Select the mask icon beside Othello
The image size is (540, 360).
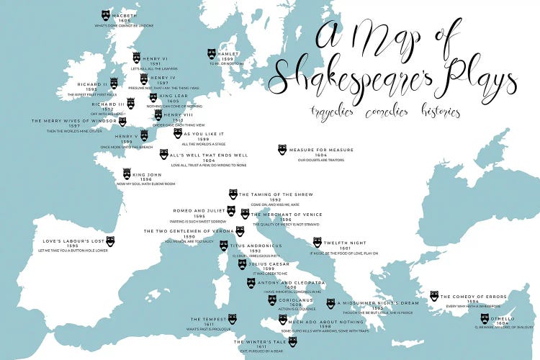(485, 318)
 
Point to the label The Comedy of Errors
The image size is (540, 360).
(474, 296)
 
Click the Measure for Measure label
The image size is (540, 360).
(321, 150)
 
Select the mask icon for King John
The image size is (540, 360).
(127, 174)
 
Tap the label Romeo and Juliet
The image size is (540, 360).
(198, 210)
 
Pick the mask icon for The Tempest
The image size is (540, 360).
(232, 318)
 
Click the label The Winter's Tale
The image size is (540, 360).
(261, 341)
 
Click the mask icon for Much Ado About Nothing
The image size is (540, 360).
(282, 320)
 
